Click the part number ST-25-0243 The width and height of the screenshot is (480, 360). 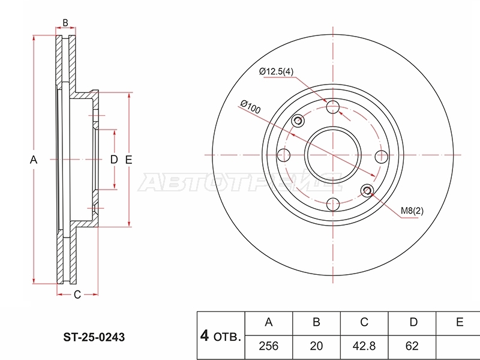[94, 337]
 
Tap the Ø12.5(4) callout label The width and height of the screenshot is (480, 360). [276, 71]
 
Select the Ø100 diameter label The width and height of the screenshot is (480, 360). [250, 107]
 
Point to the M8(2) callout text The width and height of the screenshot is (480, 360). [412, 211]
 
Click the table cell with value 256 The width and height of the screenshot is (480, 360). [269, 346]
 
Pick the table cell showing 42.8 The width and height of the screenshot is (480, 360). [364, 346]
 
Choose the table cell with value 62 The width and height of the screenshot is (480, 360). [412, 346]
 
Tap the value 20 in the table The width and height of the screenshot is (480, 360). [316, 346]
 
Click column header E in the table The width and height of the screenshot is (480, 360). [460, 322]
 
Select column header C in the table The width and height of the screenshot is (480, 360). [364, 322]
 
